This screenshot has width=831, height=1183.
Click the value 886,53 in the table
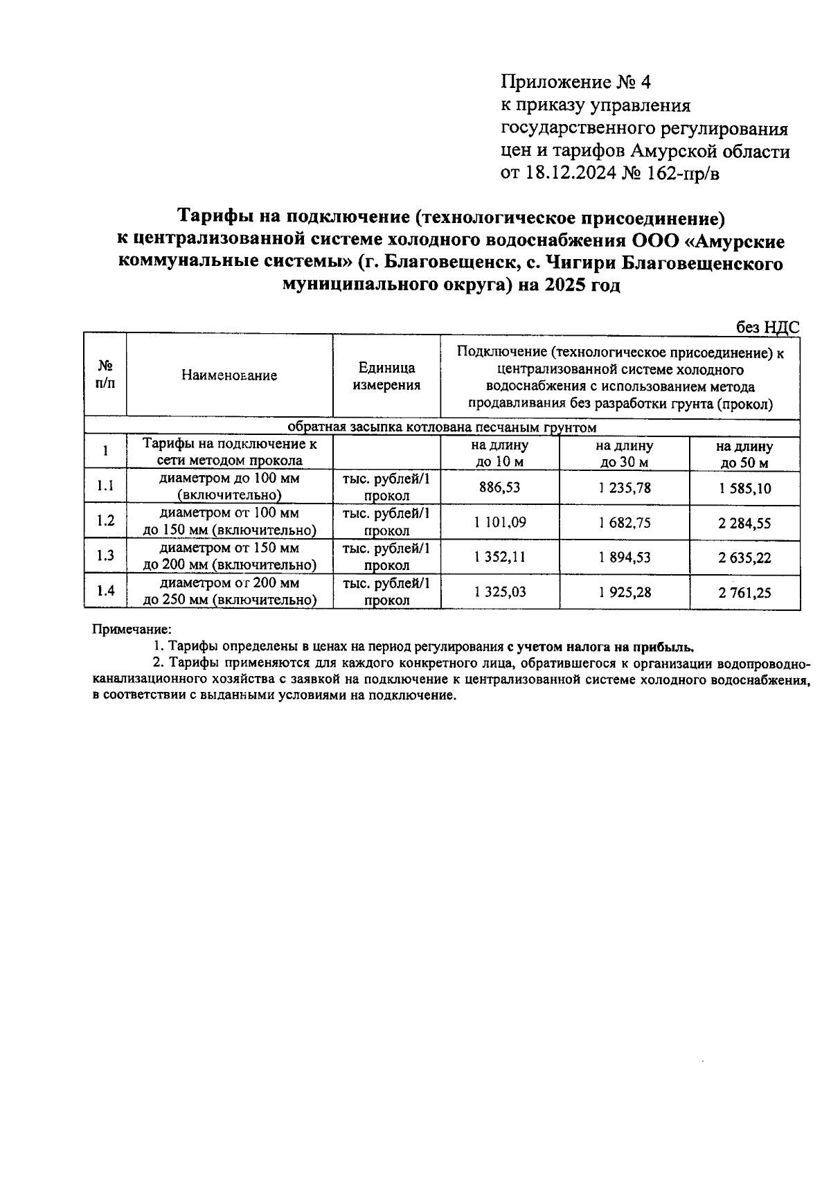[x=499, y=488]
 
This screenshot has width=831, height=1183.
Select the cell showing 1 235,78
[x=625, y=488]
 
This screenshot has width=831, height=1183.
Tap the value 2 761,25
[x=744, y=593]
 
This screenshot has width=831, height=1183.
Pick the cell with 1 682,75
[x=625, y=523]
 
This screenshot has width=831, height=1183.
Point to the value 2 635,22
[x=744, y=558]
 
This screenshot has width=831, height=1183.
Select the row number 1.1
[x=105, y=486]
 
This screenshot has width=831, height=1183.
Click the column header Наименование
[x=229, y=375]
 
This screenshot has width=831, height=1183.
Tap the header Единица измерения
[x=386, y=376]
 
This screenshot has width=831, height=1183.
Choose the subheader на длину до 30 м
[x=625, y=454]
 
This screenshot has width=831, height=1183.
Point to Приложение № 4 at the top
[x=576, y=83]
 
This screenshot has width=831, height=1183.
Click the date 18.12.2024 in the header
[x=569, y=173]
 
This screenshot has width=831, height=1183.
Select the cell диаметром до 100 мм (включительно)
[x=229, y=487]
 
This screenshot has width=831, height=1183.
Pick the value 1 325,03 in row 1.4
[x=499, y=592]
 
